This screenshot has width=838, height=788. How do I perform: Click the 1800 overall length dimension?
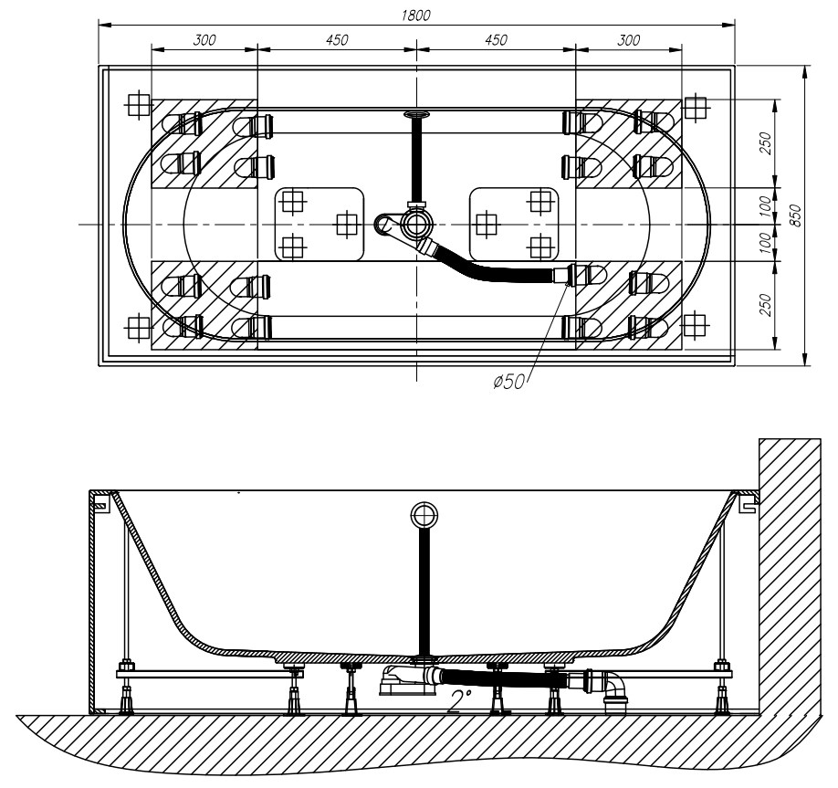pos(415,15)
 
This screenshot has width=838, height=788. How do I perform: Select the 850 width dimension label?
pos(796,215)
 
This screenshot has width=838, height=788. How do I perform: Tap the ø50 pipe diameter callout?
pos(508,382)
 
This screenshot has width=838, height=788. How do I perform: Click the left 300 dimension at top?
pos(204,40)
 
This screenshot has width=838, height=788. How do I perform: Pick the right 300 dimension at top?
pos(628,40)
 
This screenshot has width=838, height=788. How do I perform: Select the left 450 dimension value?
pos(337,40)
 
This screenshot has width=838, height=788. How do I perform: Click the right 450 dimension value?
pos(496,40)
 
